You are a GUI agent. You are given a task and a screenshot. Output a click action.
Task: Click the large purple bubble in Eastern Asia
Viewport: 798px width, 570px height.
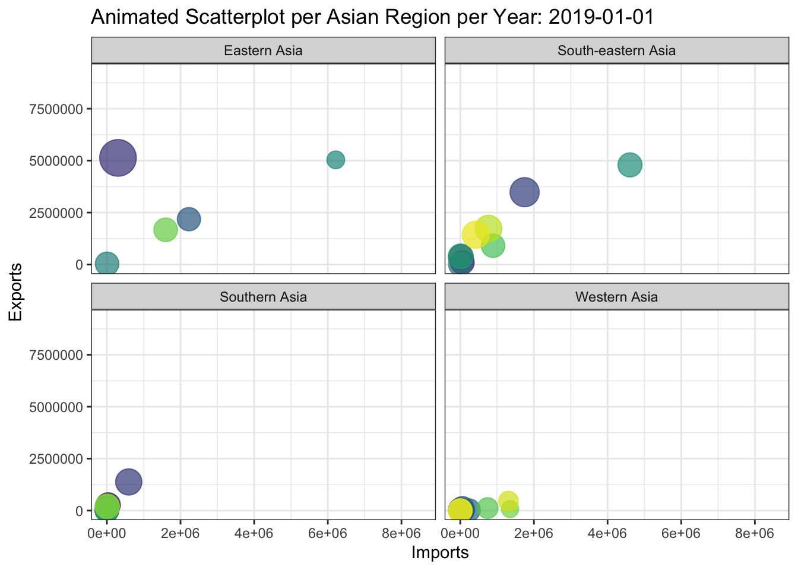[118, 158]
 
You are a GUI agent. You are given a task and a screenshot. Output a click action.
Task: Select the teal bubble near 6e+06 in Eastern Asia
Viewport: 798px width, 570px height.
[335, 159]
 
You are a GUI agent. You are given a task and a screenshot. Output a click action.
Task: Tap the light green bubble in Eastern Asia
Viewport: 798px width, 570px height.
[166, 230]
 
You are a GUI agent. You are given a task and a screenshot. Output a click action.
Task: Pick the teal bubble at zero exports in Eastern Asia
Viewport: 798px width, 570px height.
[107, 263]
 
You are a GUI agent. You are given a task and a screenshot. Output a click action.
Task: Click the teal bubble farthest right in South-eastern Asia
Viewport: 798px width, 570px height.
[630, 164]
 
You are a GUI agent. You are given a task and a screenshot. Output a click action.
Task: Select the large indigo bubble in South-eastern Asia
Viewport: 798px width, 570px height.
[524, 192]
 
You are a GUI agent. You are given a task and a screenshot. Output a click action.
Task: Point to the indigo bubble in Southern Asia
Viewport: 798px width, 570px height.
[128, 482]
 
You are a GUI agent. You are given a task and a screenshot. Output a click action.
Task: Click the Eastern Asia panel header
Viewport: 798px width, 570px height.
[263, 50]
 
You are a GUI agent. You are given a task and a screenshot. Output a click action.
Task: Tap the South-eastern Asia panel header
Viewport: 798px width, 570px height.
[616, 50]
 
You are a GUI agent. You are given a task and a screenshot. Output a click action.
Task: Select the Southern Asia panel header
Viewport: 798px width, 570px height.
[263, 297]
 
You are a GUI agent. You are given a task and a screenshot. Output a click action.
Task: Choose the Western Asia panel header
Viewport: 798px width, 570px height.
[616, 297]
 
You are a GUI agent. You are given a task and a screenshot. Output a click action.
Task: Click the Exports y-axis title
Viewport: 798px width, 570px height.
[16, 292]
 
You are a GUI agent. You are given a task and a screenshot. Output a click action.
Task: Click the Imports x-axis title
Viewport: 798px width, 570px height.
[440, 553]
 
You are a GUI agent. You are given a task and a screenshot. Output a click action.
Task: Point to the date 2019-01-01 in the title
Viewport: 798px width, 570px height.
[601, 17]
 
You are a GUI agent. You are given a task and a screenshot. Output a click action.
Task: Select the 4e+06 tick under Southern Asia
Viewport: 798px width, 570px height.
[254, 533]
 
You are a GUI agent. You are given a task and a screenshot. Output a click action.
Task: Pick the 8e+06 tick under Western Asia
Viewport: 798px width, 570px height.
[755, 533]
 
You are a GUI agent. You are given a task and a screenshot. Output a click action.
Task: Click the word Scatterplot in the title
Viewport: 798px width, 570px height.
[237, 17]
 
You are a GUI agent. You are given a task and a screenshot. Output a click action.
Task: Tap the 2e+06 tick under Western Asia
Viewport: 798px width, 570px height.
[534, 533]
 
